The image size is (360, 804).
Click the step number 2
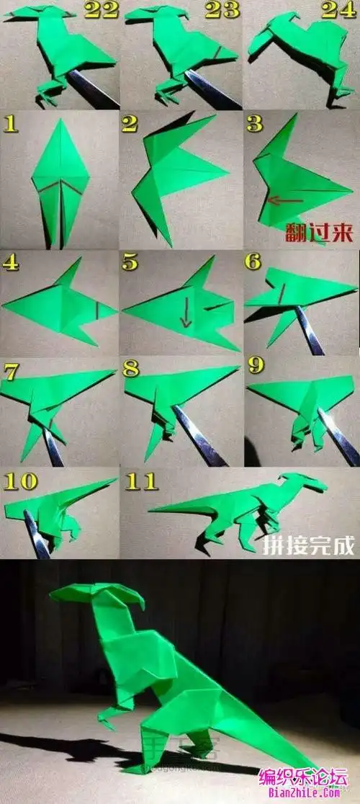point(130,123)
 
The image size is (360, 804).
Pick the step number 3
point(254,123)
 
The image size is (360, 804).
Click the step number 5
point(130,262)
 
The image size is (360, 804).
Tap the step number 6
point(253,262)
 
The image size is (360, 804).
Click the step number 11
point(140,481)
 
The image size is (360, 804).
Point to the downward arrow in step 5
point(186,314)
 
